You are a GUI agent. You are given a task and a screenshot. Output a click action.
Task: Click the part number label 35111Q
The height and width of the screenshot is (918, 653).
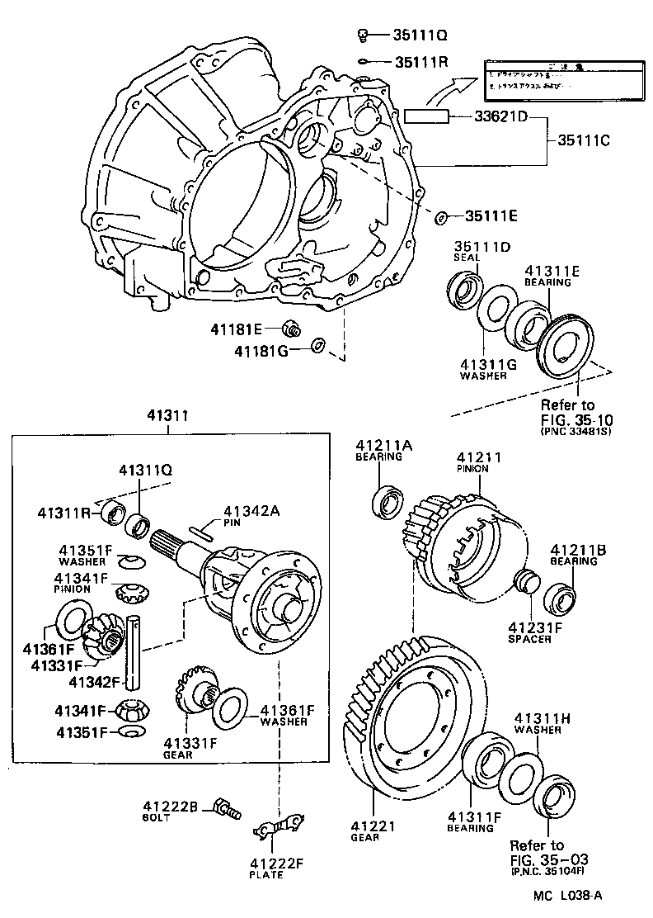coord(420,35)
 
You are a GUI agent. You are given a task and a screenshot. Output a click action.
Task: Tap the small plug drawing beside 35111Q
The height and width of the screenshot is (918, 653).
coord(362,35)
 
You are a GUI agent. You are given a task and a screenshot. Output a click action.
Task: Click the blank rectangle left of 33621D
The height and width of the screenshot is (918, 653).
coord(425,116)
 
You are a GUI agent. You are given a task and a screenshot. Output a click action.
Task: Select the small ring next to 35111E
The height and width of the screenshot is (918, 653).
coord(441,217)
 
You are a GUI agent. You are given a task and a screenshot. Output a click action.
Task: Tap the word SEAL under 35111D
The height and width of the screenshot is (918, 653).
coord(465,257)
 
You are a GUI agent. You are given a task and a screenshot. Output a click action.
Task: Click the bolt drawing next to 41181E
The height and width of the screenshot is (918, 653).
coord(289,329)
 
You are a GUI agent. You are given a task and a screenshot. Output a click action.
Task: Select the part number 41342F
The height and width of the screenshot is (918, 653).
coord(95,682)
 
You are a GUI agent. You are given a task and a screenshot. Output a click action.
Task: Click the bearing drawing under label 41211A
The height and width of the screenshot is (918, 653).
coord(388,502)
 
